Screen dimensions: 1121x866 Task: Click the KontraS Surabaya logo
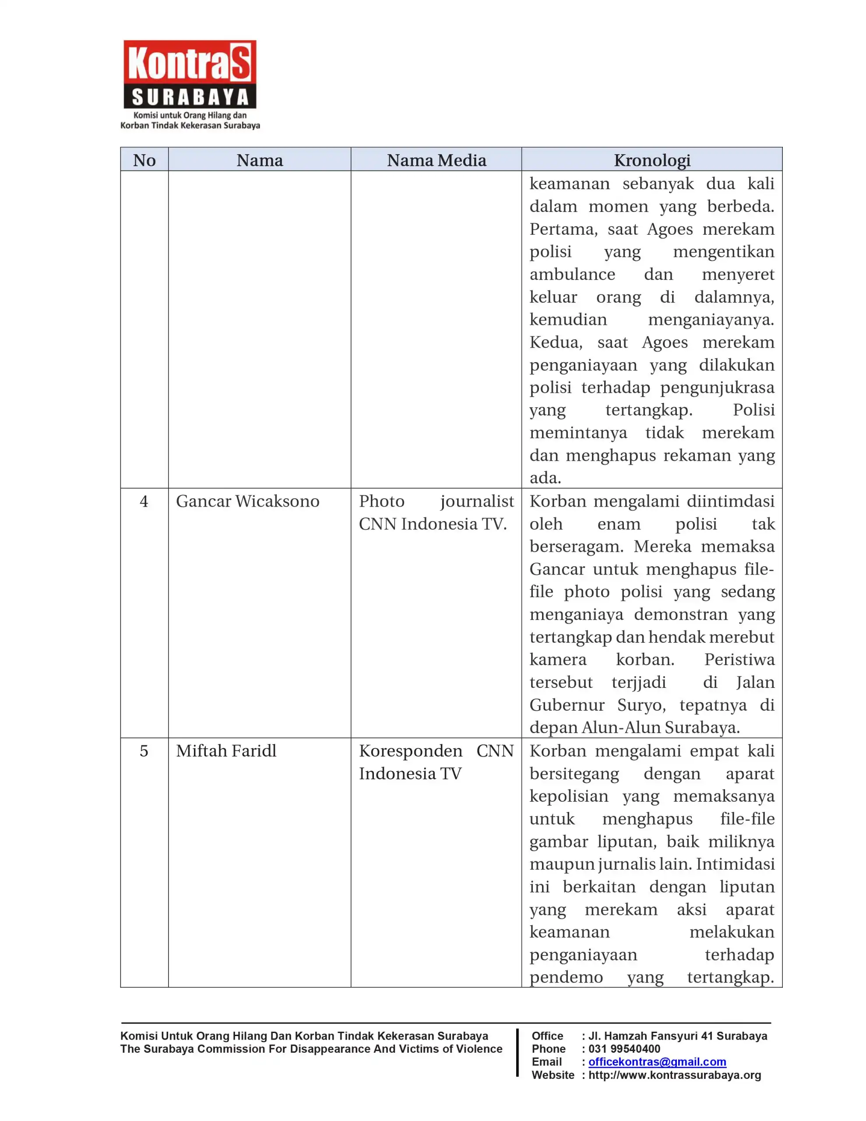coord(190,85)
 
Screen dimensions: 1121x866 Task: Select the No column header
coord(144,160)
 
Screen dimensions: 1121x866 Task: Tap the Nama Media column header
coord(437,160)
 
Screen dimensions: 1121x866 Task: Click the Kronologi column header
coord(652,160)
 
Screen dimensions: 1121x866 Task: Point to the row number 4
coord(144,501)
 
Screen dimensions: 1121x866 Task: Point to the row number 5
coord(144,751)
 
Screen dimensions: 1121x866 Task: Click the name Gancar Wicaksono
coord(247,501)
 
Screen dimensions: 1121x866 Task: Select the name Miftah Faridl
coord(226,751)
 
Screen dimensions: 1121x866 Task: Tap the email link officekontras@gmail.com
coord(657,1061)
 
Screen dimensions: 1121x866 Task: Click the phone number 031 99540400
coord(624,1049)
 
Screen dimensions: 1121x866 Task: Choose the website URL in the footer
coord(675,1075)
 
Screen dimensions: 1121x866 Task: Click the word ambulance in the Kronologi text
coord(572,275)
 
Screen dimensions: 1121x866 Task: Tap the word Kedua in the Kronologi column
coord(556,342)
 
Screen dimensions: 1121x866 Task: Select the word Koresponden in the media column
coord(411,751)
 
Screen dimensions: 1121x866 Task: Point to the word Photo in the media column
coord(381,501)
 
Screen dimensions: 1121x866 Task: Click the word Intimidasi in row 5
coord(735,864)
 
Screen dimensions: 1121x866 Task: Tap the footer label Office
coord(547,1036)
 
